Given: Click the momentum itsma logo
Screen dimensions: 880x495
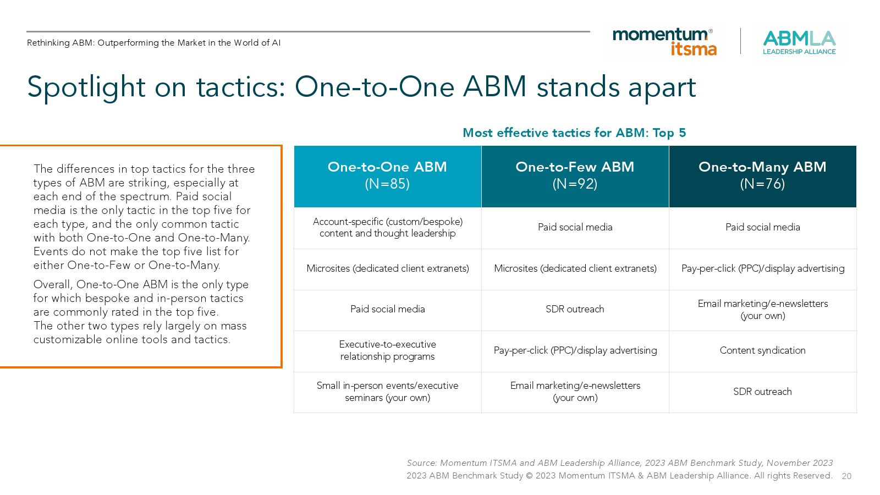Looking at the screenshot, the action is click(665, 42).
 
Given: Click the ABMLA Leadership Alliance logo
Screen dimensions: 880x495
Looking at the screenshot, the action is click(799, 42).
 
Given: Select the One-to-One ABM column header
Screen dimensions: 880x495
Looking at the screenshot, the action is click(387, 177).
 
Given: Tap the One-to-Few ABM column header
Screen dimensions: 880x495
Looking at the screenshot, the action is click(575, 177).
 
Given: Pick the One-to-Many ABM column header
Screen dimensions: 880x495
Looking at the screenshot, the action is click(762, 177).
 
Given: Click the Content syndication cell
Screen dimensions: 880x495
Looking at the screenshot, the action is click(762, 350).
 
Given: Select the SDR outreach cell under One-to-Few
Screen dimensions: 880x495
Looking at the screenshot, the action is click(575, 309).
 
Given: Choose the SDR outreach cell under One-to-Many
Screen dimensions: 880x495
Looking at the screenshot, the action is click(762, 392).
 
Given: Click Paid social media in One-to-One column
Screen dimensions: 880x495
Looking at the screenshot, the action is click(387, 309).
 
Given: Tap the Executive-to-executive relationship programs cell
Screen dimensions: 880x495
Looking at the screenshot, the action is click(387, 350).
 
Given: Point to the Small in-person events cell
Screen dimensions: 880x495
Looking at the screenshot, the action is click(387, 392).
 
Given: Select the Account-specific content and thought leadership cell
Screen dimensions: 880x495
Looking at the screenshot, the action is click(387, 228).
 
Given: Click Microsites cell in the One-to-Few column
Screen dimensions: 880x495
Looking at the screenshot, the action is click(575, 268).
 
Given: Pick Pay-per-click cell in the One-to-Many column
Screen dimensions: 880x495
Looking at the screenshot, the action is click(762, 268).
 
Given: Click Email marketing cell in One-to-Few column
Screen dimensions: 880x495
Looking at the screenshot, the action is click(575, 392).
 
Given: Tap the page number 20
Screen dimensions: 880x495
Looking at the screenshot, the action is click(846, 476).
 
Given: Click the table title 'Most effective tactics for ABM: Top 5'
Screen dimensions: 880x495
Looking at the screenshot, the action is click(574, 133).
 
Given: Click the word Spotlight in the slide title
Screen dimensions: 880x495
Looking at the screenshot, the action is click(86, 88).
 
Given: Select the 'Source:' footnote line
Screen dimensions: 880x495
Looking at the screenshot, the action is click(619, 463).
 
